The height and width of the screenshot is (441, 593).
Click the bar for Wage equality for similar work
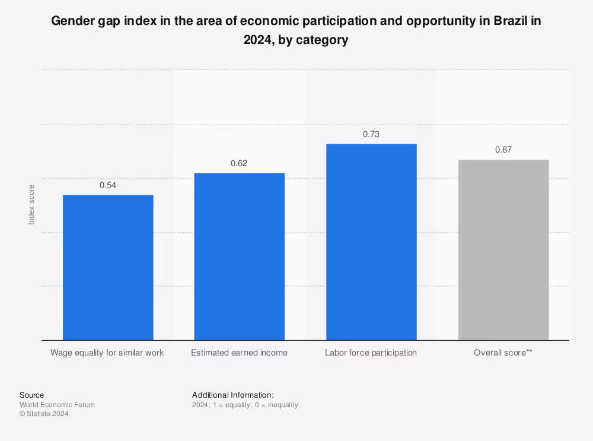pyautogui.click(x=108, y=267)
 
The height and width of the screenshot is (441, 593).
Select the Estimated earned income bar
pyautogui.click(x=240, y=256)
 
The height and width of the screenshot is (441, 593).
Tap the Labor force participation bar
pyautogui.click(x=371, y=242)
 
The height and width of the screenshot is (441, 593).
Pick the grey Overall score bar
pyautogui.click(x=503, y=249)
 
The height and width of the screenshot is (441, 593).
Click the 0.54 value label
pyautogui.click(x=108, y=185)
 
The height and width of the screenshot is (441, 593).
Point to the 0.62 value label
pyautogui.click(x=239, y=163)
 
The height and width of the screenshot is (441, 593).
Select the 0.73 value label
pyautogui.click(x=371, y=134)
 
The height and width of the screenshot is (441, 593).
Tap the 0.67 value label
pyautogui.click(x=503, y=150)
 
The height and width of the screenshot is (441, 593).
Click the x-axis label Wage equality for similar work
pyautogui.click(x=107, y=353)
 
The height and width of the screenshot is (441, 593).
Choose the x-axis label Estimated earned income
pyautogui.click(x=239, y=353)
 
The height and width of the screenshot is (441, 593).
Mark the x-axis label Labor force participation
pyautogui.click(x=371, y=353)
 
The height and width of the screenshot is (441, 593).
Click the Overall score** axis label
pyautogui.click(x=503, y=353)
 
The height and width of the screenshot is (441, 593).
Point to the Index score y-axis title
pyautogui.click(x=31, y=204)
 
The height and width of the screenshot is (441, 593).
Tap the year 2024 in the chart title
pyautogui.click(x=258, y=40)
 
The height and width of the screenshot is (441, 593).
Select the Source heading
pyautogui.click(x=31, y=395)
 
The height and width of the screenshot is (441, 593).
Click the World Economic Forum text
pyautogui.click(x=57, y=405)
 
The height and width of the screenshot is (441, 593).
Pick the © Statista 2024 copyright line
pyautogui.click(x=44, y=414)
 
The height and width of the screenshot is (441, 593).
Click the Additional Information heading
pyautogui.click(x=232, y=395)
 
